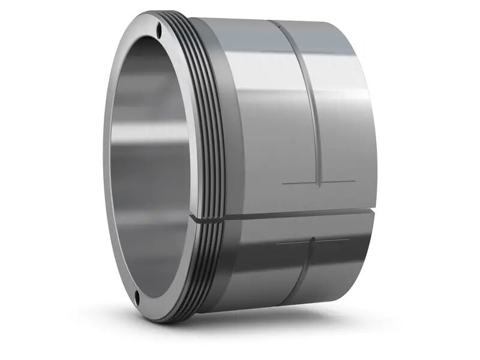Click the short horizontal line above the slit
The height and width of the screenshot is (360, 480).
(318, 182)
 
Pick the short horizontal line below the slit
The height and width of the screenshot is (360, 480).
(312, 242)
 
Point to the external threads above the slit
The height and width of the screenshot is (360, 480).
(207, 120)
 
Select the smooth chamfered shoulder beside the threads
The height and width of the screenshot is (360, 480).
(231, 120)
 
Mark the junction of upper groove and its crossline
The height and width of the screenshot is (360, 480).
(322, 182)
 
